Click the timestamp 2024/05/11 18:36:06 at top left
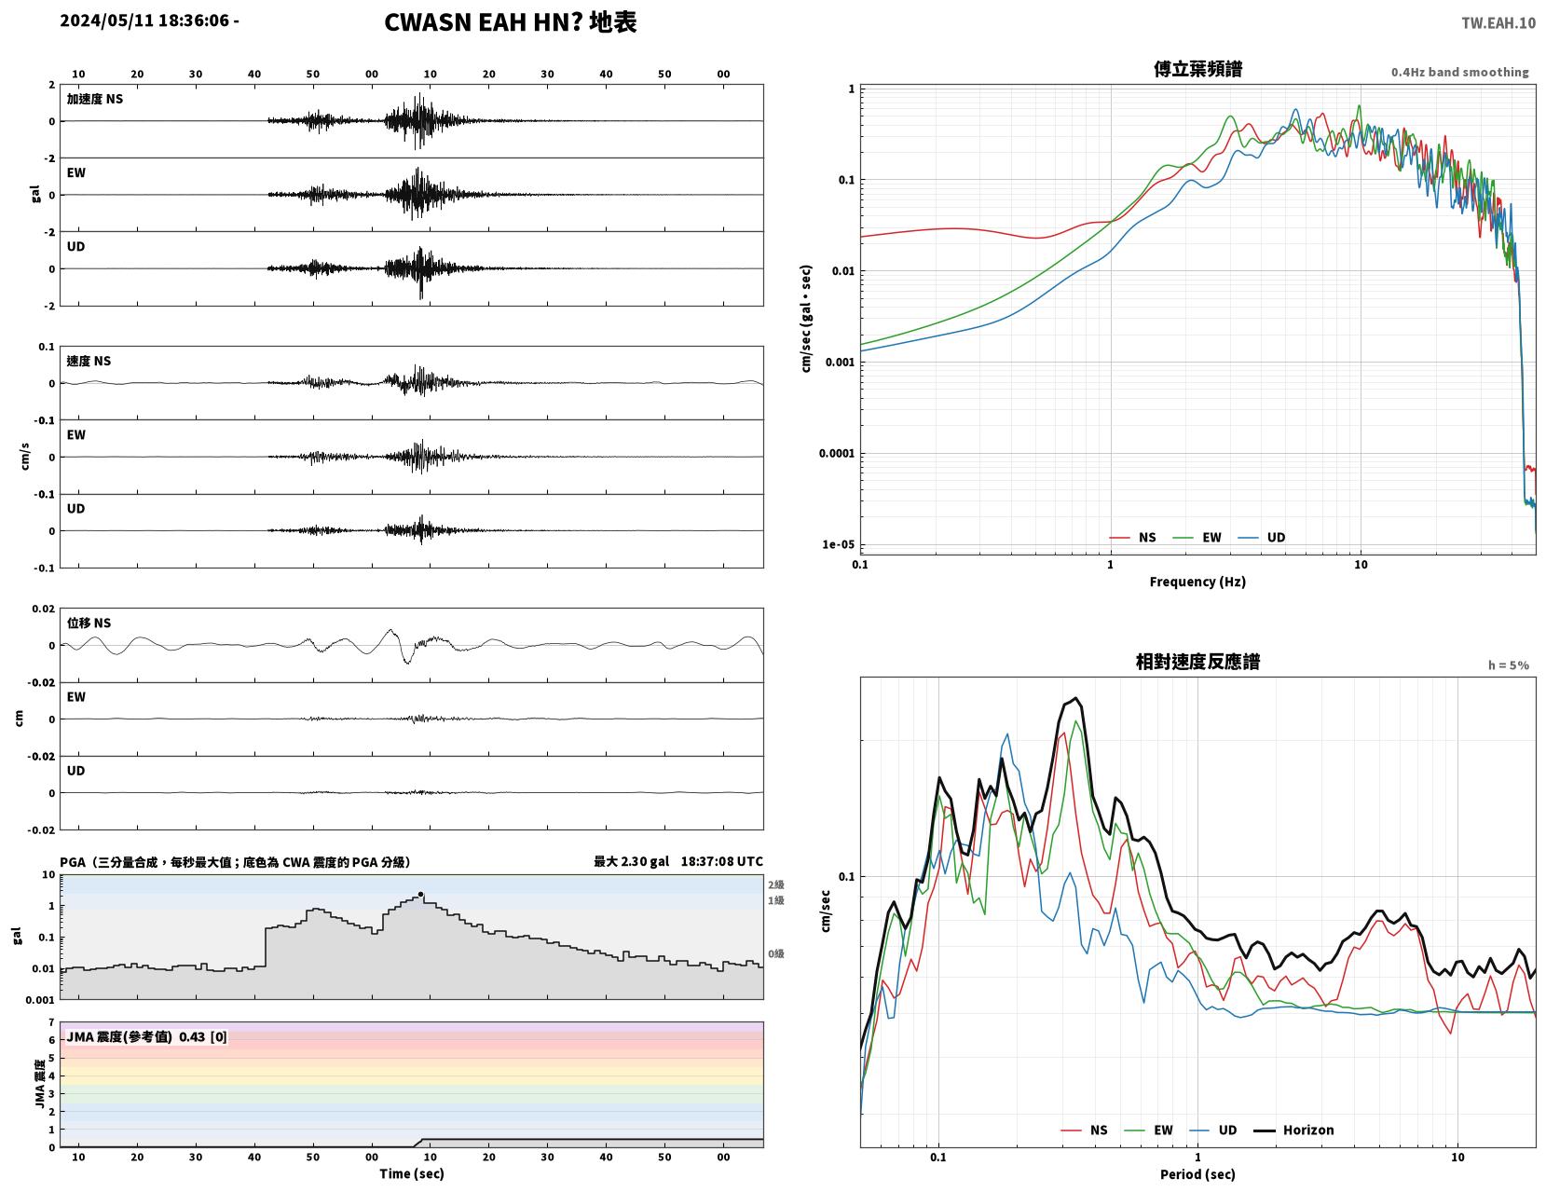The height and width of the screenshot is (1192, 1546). coord(144,21)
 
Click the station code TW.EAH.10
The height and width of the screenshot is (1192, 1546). coord(1498,22)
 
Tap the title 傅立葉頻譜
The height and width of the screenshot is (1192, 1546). coord(1197,69)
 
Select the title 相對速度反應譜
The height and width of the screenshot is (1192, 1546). coord(1197,662)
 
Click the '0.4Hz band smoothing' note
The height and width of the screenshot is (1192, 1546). coord(1459,72)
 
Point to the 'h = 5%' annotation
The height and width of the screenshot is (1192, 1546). coord(1508,665)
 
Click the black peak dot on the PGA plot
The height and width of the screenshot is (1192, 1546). coord(420,894)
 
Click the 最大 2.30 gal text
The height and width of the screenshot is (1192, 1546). coord(631,861)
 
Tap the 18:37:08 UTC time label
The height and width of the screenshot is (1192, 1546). coord(721,861)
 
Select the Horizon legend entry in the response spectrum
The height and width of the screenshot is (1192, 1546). coord(1293,1130)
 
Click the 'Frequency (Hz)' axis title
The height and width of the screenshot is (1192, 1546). coord(1197,582)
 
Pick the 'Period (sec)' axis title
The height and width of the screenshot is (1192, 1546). coord(1197,1174)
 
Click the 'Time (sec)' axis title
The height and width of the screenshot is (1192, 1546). coord(411,1173)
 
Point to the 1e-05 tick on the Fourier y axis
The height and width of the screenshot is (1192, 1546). coord(838,545)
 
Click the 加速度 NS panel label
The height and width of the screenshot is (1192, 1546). coord(95,99)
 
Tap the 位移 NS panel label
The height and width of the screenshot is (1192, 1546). coord(89,623)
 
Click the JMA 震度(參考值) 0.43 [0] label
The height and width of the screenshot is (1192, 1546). coord(146,1037)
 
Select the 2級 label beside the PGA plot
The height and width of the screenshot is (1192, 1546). coord(775,884)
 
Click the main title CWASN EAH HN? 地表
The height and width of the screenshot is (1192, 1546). coord(510,22)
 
